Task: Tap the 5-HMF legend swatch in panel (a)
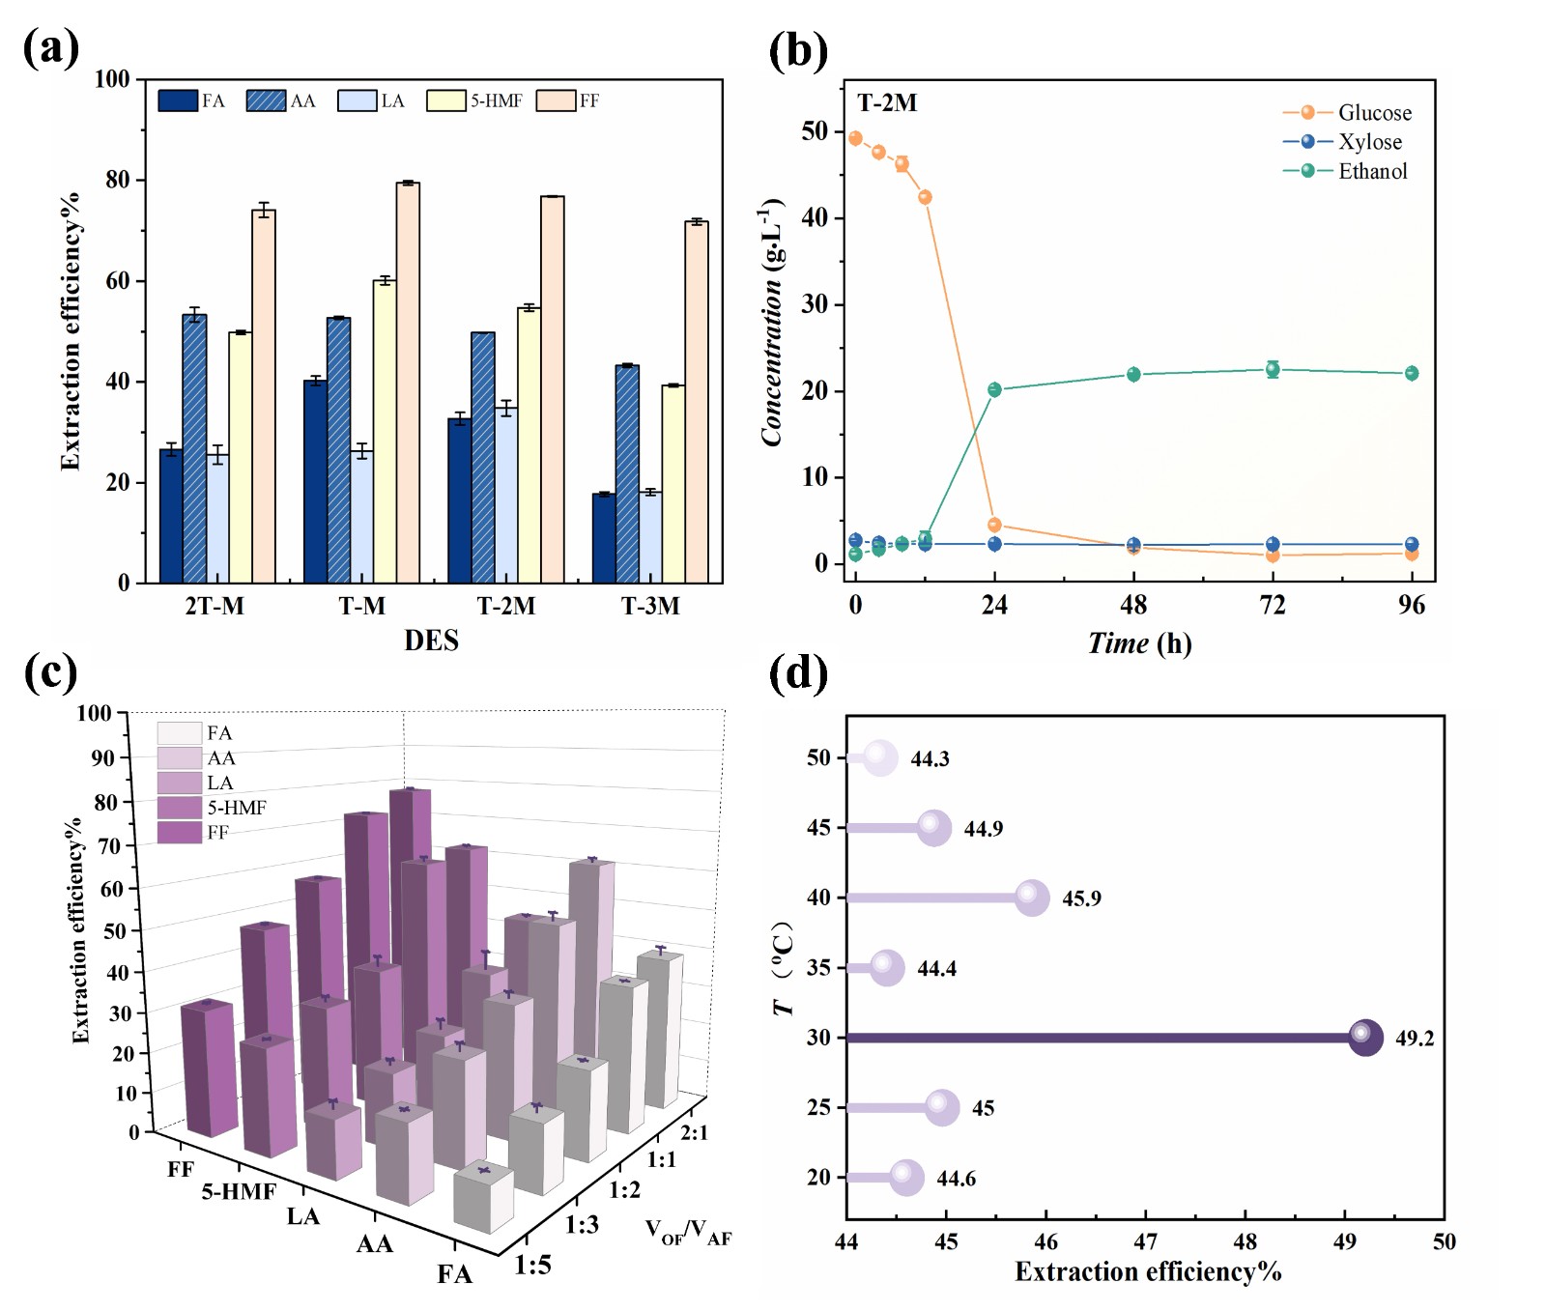pos(445,100)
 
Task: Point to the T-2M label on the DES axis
pos(505,607)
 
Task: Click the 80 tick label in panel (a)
pos(118,180)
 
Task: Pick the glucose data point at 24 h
pos(994,526)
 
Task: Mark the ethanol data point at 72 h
pos(1273,369)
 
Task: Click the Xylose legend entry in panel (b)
pos(1369,142)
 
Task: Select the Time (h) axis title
pos(1139,643)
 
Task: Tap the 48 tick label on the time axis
pos(1133,606)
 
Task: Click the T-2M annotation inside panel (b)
pos(887,103)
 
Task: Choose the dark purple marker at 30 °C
pos(1364,1038)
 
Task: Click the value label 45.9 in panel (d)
pos(1081,898)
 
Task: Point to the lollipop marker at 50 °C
pos(879,758)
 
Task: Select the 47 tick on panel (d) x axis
pos(1145,1242)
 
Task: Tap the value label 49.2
pos(1415,1039)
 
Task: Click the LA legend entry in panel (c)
pos(219,783)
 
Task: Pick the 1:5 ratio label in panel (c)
pos(532,1265)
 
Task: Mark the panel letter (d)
pos(798,673)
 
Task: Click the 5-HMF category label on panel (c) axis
pos(239,1192)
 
